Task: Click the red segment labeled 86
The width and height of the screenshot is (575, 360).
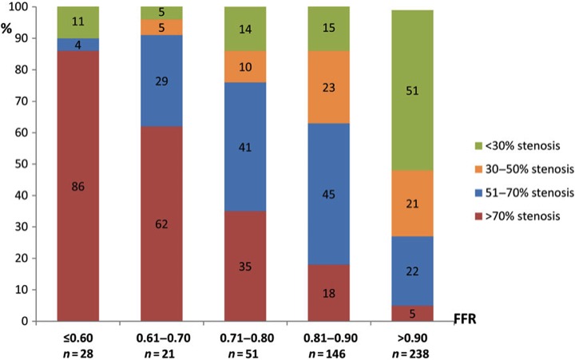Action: click(x=78, y=187)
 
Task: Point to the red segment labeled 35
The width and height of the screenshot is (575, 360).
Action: click(x=245, y=266)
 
